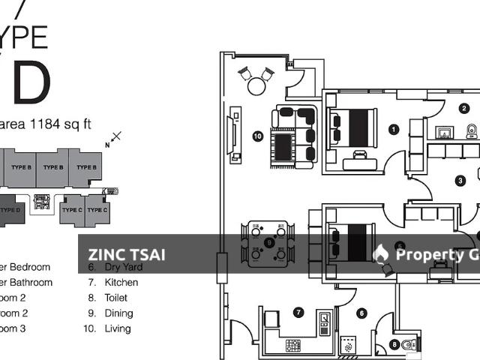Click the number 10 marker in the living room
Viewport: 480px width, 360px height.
tap(257, 136)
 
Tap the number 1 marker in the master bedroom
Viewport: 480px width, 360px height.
tap(394, 129)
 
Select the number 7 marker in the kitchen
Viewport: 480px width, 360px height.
tap(298, 312)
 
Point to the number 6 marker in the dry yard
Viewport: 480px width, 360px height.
tap(362, 313)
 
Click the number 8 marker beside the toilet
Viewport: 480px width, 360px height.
tap(394, 345)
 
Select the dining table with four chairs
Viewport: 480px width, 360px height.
tap(268, 243)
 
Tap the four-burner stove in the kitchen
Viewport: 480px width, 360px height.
tap(292, 345)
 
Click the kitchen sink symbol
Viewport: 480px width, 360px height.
tap(325, 325)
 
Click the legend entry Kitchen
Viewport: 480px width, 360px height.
tap(121, 282)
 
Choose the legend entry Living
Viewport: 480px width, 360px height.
tap(118, 328)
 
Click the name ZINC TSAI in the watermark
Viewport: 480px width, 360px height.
tap(127, 254)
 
